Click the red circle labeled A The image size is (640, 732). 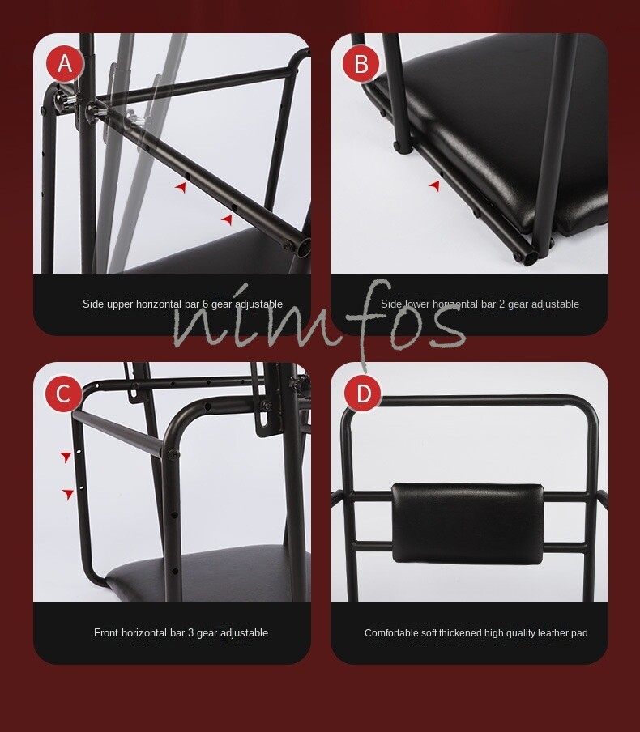pyautogui.click(x=64, y=64)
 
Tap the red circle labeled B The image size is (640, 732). pyautogui.click(x=361, y=64)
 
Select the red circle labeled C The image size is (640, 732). pyautogui.click(x=63, y=394)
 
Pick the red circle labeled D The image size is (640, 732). pyautogui.click(x=362, y=394)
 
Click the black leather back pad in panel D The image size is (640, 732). pyautogui.click(x=467, y=522)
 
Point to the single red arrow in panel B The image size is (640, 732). pyautogui.click(x=434, y=186)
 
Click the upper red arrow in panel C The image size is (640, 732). pyautogui.click(x=66, y=457)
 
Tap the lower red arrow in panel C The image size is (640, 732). pyautogui.click(x=69, y=494)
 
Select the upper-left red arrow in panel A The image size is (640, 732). pyautogui.click(x=181, y=187)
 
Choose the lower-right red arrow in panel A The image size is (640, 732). pyautogui.click(x=228, y=219)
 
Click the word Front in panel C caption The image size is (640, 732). pyautogui.click(x=107, y=633)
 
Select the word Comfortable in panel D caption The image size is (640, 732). pyautogui.click(x=390, y=633)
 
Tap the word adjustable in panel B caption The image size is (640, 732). pyautogui.click(x=555, y=304)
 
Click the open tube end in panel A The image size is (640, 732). pyautogui.click(x=303, y=246)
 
